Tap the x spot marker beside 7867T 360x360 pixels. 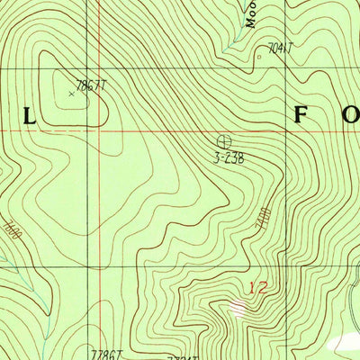(x=71, y=92)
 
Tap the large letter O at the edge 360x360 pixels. (x=354, y=115)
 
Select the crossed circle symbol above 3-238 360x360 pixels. (x=223, y=141)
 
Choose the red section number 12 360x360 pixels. (x=258, y=288)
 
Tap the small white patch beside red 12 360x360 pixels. (x=237, y=308)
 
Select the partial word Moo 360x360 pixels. (x=251, y=13)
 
